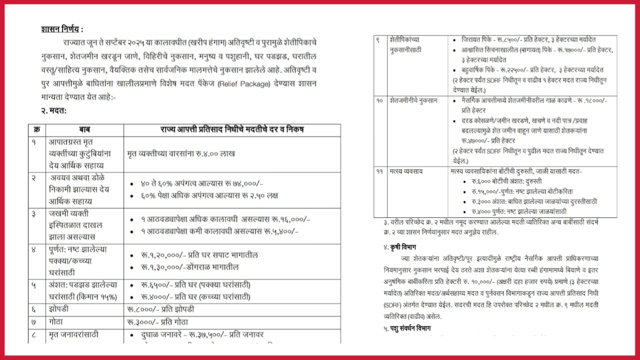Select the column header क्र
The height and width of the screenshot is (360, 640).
pyautogui.click(x=36, y=130)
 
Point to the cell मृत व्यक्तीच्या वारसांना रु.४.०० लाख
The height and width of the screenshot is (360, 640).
pyautogui.click(x=181, y=154)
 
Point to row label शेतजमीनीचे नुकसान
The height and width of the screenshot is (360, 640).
pyautogui.click(x=413, y=100)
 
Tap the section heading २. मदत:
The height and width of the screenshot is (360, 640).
pyautogui.click(x=53, y=110)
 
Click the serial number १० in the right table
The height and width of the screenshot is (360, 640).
pyautogui.click(x=379, y=100)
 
